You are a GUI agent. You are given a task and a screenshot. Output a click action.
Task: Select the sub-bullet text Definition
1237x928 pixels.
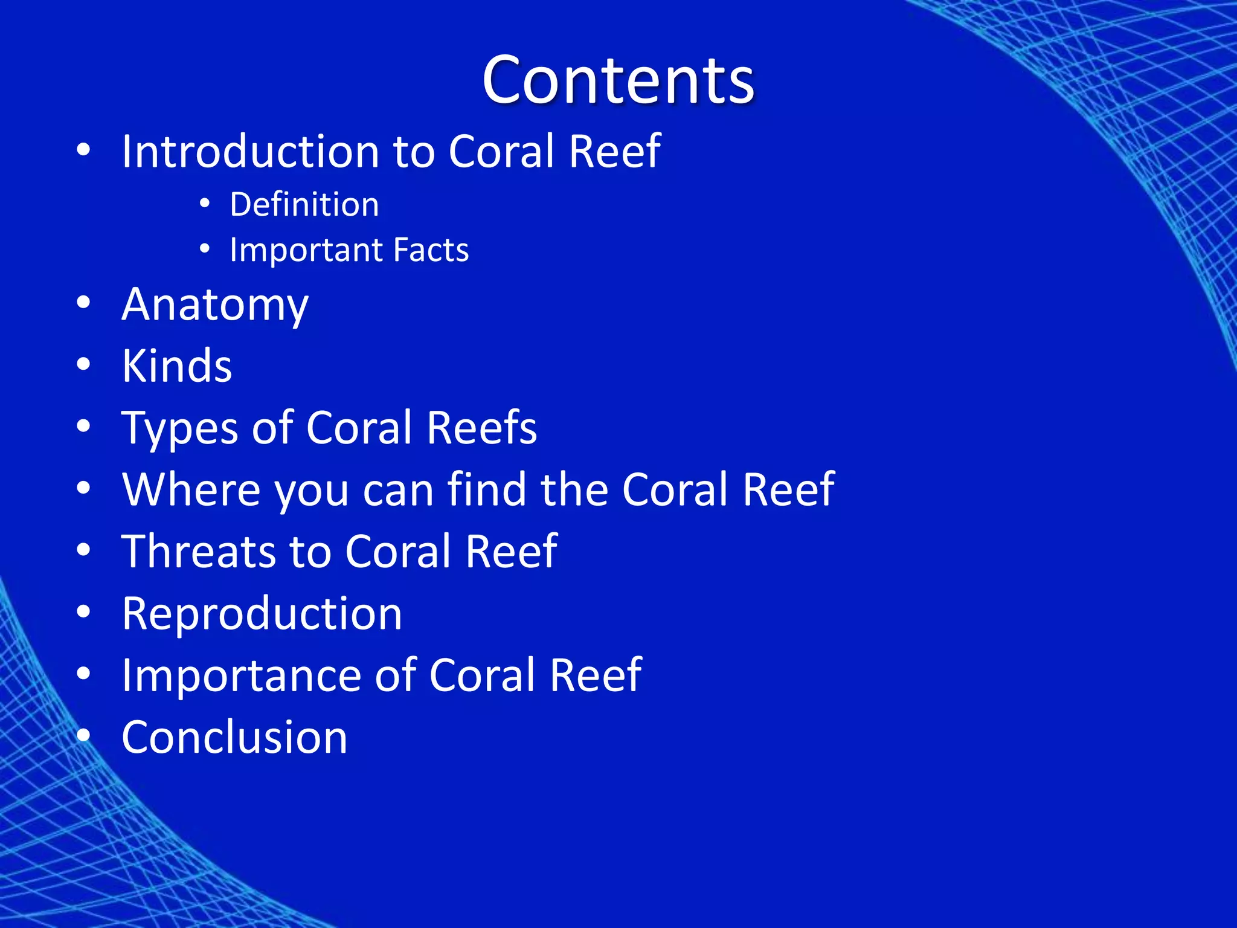304,204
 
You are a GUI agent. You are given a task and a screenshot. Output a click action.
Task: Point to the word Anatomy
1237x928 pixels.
215,305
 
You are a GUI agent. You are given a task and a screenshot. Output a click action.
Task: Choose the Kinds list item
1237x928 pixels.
177,366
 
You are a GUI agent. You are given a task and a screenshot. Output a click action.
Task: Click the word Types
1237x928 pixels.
180,429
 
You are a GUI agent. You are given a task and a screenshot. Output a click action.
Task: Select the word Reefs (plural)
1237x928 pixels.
481,428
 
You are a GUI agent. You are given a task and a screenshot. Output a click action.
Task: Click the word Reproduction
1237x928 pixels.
262,614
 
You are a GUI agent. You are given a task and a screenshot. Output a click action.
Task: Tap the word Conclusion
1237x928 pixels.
234,738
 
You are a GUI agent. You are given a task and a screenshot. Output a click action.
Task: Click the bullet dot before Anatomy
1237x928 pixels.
84,303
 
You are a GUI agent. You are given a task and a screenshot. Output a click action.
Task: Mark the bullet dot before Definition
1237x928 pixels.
205,204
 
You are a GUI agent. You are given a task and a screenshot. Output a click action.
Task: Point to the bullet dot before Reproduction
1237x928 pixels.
84,612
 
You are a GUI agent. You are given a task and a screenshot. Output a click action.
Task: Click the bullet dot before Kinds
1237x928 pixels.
84,364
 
